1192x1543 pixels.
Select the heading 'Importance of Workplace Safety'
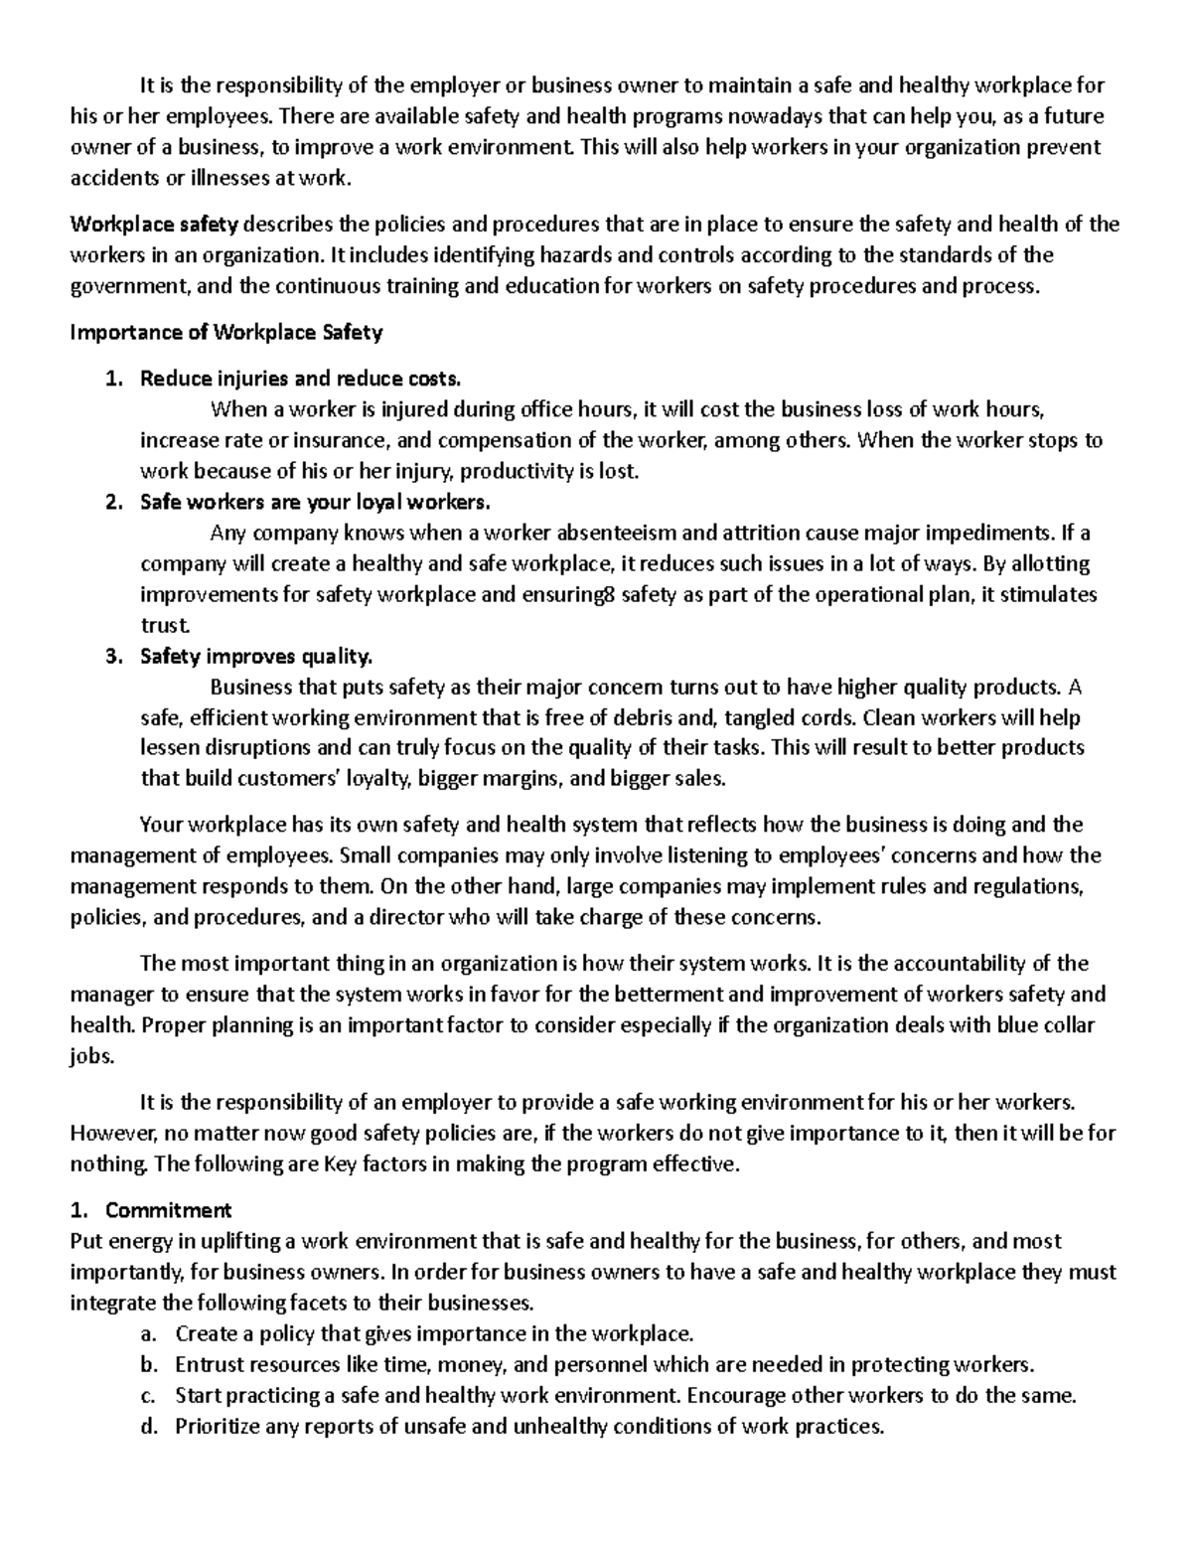pyautogui.click(x=225, y=334)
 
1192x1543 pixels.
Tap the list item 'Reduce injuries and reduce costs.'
pyautogui.click(x=300, y=379)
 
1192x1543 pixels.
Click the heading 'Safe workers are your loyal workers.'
pyautogui.click(x=315, y=502)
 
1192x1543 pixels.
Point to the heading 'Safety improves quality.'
pyautogui.click(x=256, y=657)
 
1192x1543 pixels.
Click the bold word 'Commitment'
pyautogui.click(x=168, y=1210)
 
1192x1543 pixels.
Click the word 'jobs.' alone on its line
pyautogui.click(x=92, y=1057)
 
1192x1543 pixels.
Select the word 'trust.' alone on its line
pyautogui.click(x=164, y=626)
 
